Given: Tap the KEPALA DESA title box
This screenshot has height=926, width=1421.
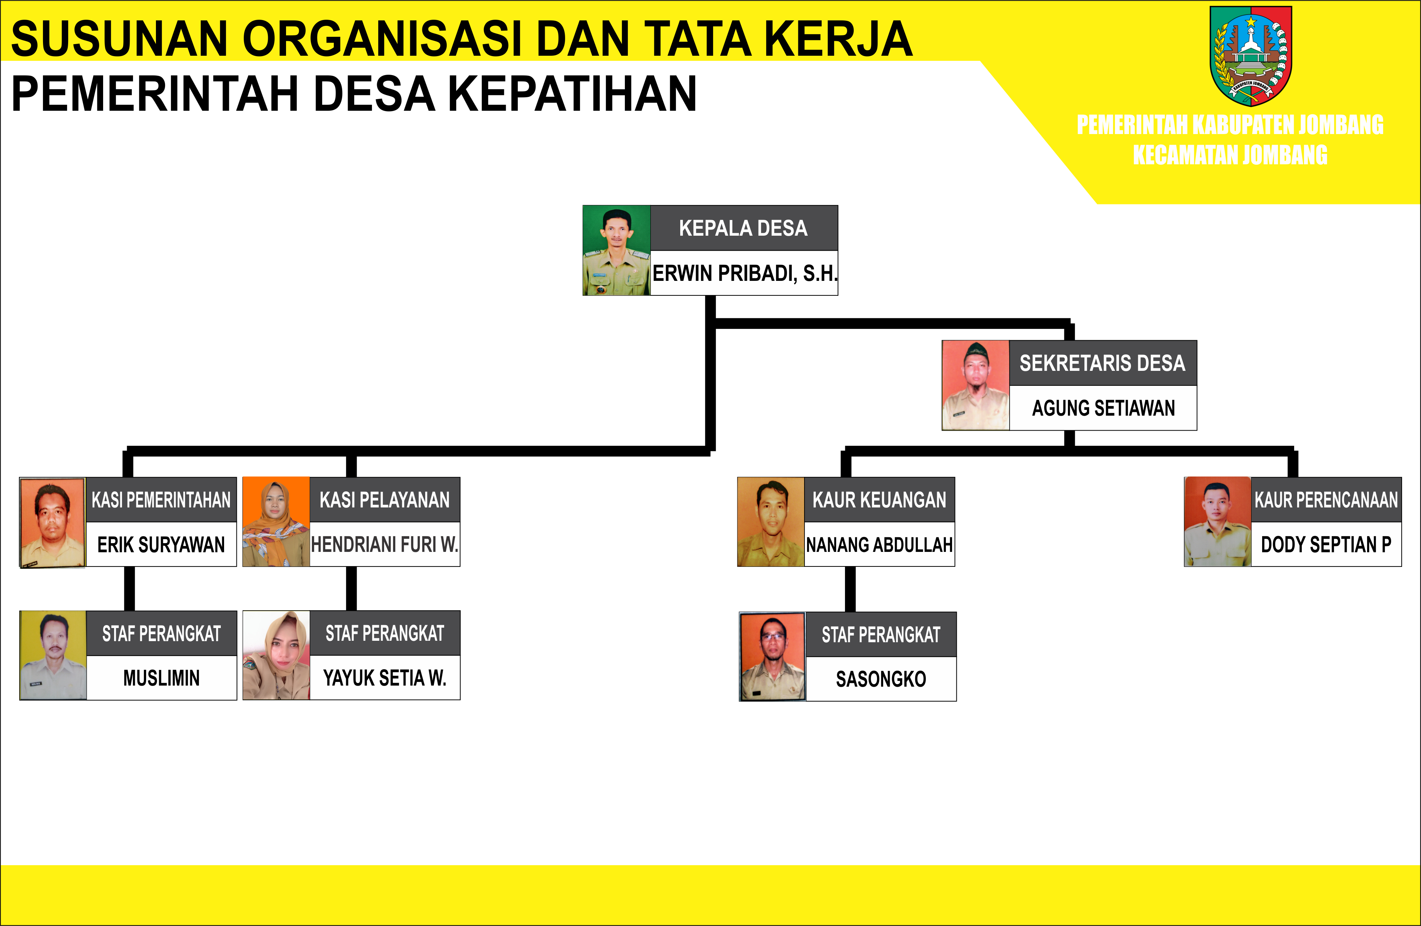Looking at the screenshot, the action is (x=744, y=228).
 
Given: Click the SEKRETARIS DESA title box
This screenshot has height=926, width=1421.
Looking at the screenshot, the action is (x=1103, y=363).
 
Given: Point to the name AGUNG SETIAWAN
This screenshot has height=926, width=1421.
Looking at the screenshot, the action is (x=1103, y=408).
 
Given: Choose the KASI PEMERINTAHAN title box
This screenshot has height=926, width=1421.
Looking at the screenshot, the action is (x=161, y=500).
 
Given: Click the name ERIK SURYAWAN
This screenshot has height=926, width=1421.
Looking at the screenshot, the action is (x=161, y=545).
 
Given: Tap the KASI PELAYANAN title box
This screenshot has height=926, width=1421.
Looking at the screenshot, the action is (x=385, y=500).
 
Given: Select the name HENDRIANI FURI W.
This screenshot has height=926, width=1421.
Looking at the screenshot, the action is (x=385, y=545).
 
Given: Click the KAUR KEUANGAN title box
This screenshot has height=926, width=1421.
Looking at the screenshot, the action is (x=880, y=500).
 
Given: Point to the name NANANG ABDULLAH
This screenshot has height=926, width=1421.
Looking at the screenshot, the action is (x=880, y=545).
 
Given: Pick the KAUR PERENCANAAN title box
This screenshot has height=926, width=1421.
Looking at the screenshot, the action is (x=1326, y=500).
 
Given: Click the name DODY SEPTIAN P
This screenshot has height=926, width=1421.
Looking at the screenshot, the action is (x=1326, y=545).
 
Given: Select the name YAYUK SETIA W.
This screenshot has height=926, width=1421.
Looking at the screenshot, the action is (x=385, y=678).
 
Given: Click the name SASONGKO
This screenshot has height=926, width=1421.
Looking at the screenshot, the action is (x=881, y=679).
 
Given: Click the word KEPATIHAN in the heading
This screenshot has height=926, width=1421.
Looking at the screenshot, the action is (x=572, y=94).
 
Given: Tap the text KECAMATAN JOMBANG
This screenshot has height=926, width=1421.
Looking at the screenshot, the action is (x=1230, y=155).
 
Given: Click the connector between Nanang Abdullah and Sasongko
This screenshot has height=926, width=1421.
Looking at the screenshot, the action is (x=850, y=589).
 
